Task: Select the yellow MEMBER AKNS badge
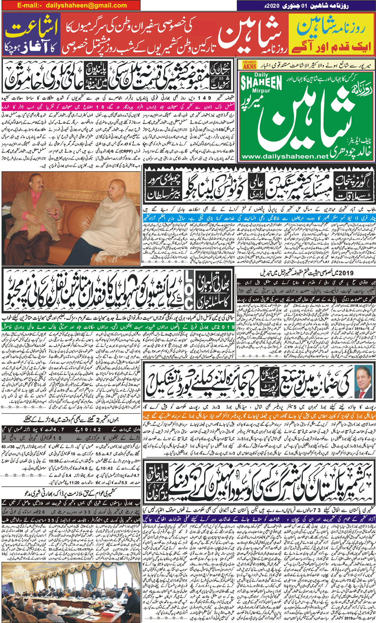[249, 65]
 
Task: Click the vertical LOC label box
[188, 294]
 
